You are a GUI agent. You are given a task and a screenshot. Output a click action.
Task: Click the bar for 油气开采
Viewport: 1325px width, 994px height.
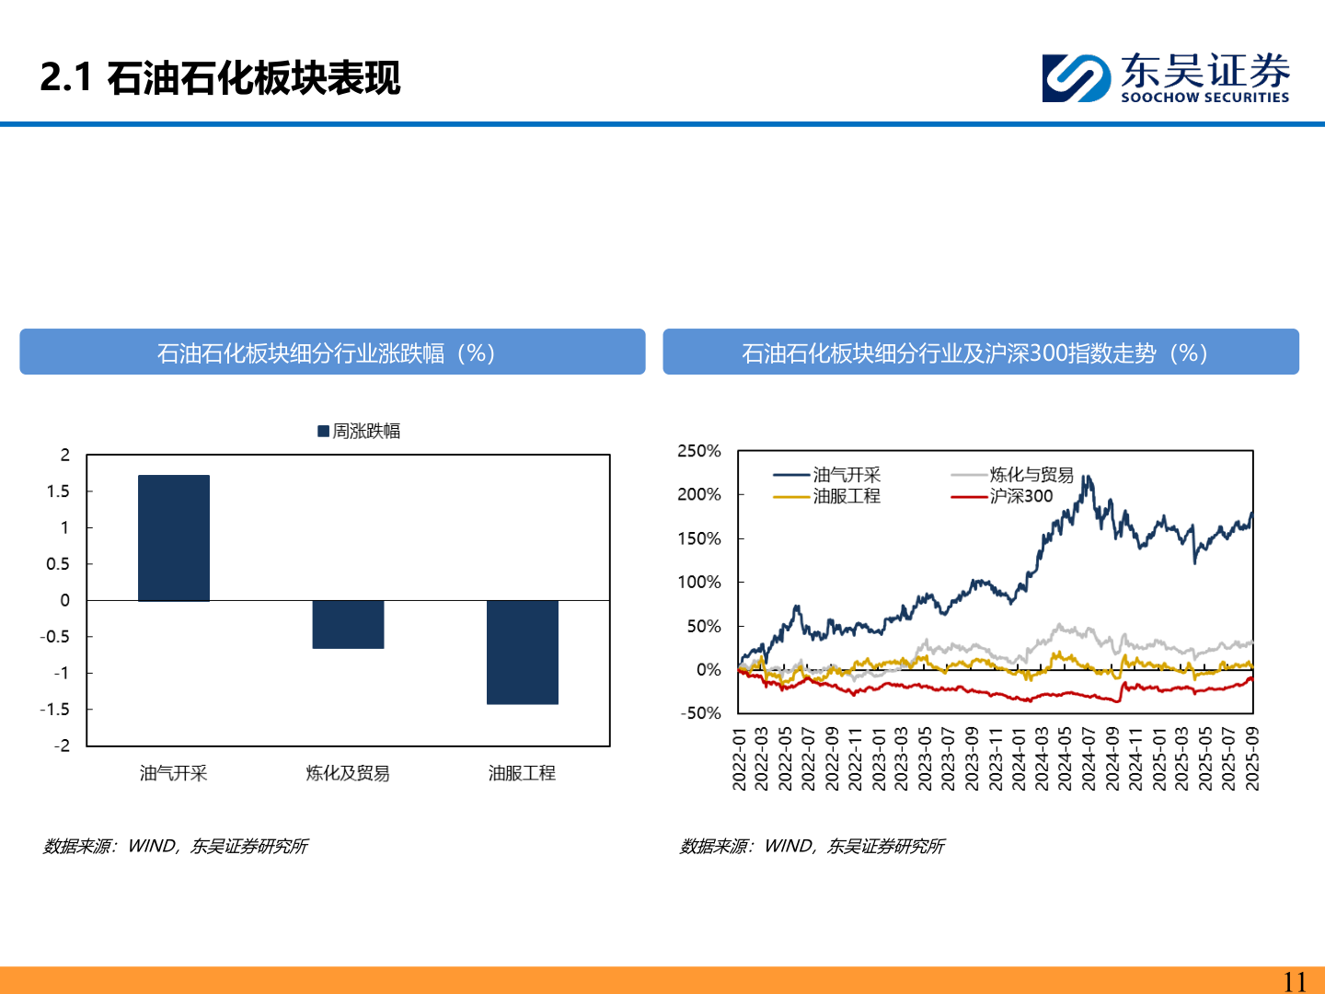pyautogui.click(x=174, y=537)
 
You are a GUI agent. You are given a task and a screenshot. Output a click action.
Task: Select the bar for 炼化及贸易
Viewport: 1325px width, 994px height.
pyautogui.click(x=348, y=624)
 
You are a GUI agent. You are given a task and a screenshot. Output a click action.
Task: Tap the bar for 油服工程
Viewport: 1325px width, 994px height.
pyautogui.click(x=523, y=652)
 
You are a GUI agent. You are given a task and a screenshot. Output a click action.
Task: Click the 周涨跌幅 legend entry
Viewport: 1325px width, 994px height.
pyautogui.click(x=359, y=431)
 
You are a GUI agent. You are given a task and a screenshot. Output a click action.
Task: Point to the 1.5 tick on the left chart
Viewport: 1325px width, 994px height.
pyautogui.click(x=58, y=491)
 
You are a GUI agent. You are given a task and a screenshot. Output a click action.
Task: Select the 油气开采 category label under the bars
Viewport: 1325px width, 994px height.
pyautogui.click(x=174, y=773)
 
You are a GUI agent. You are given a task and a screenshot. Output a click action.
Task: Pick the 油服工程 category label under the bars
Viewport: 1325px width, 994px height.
pyautogui.click(x=522, y=773)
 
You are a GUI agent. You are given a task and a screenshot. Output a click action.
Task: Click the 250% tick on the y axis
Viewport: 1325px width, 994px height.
pyautogui.click(x=699, y=451)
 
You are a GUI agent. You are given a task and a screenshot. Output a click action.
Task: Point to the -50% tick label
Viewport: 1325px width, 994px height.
pyautogui.click(x=701, y=713)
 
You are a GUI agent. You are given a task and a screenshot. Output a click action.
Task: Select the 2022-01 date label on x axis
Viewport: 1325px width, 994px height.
pyautogui.click(x=739, y=758)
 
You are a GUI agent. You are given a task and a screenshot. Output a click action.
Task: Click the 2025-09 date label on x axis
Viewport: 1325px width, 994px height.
pyautogui.click(x=1251, y=758)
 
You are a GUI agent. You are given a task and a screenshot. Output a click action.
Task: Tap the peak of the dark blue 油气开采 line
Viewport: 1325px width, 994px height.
pyautogui.click(x=1087, y=477)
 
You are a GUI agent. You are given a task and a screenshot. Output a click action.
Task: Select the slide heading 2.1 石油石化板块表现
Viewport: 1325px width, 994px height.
pyautogui.click(x=221, y=78)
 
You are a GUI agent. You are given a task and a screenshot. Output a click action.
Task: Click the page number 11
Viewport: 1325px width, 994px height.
pyautogui.click(x=1295, y=981)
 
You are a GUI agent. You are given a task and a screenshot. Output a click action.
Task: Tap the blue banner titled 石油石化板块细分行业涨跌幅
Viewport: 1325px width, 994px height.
pyautogui.click(x=332, y=353)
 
